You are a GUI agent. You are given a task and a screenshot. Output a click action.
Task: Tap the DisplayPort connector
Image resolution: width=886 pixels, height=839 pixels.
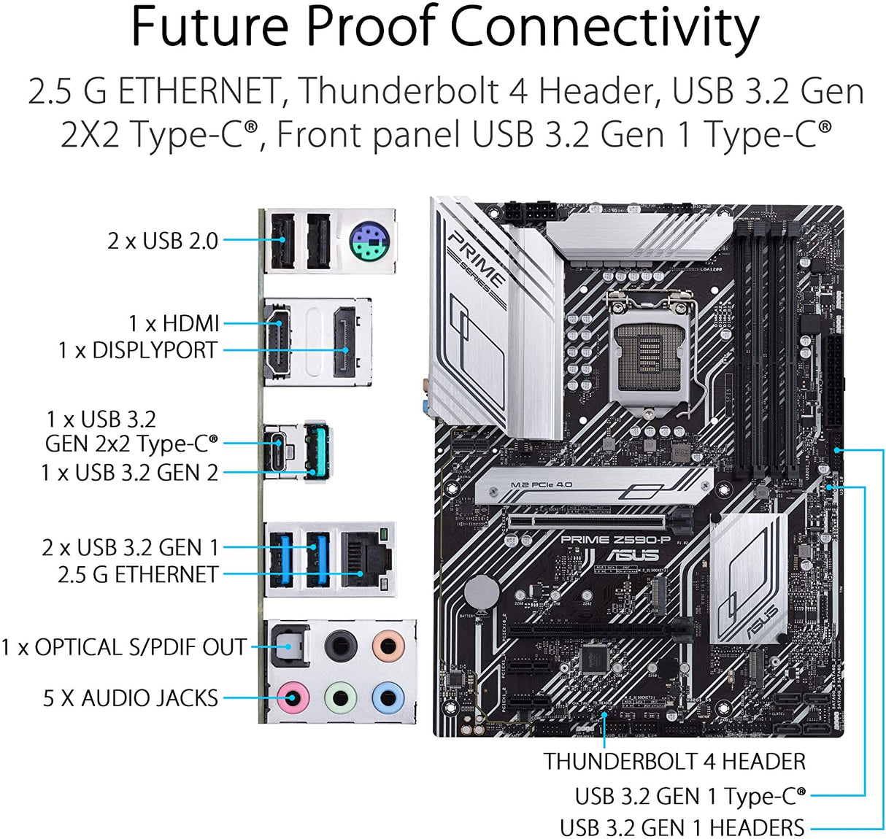(x=344, y=343)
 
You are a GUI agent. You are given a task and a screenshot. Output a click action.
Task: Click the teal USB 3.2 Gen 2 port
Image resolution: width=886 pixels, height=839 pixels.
(x=317, y=452)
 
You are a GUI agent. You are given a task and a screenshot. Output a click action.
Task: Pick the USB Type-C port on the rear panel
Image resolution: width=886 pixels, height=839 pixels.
(x=277, y=452)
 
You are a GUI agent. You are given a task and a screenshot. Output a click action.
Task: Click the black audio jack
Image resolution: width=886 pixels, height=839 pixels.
(x=340, y=646)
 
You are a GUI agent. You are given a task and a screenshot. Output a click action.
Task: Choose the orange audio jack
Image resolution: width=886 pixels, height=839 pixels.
(x=388, y=646)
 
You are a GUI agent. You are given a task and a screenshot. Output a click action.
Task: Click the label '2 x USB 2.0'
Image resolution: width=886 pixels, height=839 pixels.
(x=163, y=241)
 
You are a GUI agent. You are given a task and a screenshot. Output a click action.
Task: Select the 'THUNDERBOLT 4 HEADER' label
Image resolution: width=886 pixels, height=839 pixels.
(x=674, y=762)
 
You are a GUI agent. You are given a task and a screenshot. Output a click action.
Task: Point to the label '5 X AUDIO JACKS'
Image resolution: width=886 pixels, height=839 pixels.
(x=131, y=698)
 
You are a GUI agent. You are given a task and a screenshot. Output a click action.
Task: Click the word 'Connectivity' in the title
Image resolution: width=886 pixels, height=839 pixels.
(x=605, y=28)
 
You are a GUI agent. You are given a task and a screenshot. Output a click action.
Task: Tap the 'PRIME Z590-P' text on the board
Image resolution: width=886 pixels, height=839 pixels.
(x=615, y=540)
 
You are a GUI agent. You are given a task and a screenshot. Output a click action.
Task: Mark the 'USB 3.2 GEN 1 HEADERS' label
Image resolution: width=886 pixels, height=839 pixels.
(x=682, y=828)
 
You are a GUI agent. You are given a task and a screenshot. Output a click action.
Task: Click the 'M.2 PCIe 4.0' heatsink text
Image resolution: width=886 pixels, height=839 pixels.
(x=542, y=484)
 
